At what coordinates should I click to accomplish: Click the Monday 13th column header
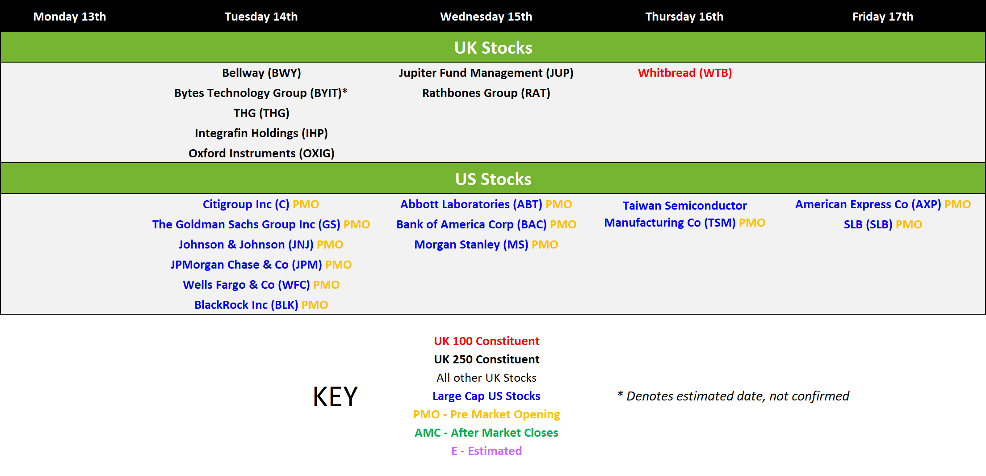pos(70,17)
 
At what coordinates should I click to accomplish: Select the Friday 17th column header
pos(883,17)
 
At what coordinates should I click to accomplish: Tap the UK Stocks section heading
pos(493,47)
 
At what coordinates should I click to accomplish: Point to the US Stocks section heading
pos(493,179)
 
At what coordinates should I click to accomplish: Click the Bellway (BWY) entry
pos(261,73)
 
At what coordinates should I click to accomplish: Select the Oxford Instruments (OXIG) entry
pos(261,153)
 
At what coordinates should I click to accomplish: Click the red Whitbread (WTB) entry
pos(685,73)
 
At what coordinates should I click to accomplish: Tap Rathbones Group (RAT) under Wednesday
pos(486,93)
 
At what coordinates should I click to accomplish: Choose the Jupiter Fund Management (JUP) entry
pos(486,73)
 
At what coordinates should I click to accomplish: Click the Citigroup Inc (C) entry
pos(246,204)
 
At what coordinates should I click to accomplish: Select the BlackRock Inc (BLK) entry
pos(246,305)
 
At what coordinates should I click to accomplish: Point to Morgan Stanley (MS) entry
pos(471,244)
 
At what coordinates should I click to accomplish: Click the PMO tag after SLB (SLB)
pos(909,224)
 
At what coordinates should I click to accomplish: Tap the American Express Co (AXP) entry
pos(868,204)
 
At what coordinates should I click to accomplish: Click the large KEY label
pos(336,396)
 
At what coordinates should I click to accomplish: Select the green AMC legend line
pos(487,433)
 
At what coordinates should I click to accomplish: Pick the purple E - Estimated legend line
pos(487,451)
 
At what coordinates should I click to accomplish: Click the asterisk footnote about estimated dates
pos(733,396)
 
